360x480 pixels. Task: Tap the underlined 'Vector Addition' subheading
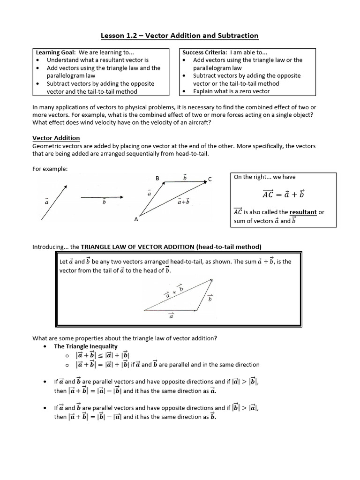point(56,138)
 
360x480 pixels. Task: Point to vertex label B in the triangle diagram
point(157,178)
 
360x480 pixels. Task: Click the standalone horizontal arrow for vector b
point(102,197)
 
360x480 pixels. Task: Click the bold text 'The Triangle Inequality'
point(86,346)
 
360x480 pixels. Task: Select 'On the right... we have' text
point(264,177)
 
